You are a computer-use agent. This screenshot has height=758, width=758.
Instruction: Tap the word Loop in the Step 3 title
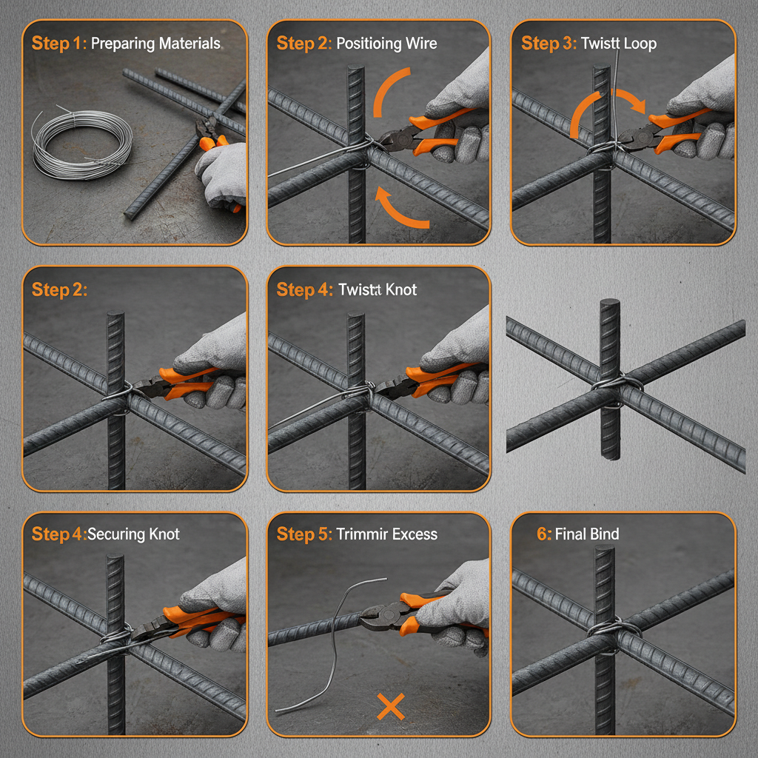point(640,43)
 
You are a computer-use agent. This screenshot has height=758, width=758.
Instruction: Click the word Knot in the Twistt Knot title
point(400,289)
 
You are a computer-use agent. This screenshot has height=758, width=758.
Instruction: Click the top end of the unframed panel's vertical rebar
point(609,303)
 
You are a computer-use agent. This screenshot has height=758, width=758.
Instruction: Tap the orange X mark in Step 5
point(390,707)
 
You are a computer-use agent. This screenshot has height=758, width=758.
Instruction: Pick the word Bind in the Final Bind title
point(604,534)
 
